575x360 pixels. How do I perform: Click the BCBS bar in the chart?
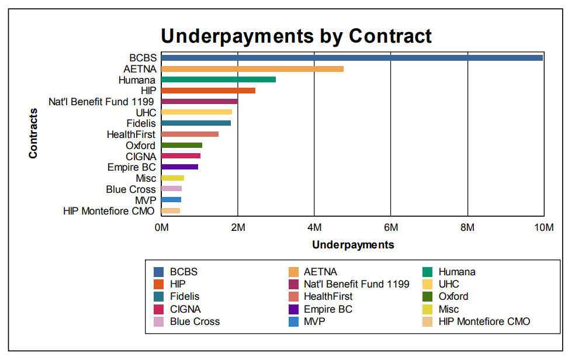point(352,58)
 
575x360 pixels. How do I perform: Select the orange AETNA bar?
point(252,69)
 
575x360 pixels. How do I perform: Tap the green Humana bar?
point(218,79)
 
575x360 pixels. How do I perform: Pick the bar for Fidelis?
point(196,123)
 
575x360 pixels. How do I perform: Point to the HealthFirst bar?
point(189,134)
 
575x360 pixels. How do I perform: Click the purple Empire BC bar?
point(179,167)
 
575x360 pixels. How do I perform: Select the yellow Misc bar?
point(172,178)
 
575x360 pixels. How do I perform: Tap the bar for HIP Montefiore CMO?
point(170,211)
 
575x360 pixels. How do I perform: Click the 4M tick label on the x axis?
point(314,228)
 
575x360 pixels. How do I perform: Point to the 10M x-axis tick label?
point(544,228)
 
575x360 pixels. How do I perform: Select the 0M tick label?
point(161,228)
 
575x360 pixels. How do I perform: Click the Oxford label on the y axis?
point(140,146)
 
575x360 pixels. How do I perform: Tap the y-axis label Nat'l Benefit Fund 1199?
point(102,102)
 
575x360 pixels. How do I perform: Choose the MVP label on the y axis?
point(146,200)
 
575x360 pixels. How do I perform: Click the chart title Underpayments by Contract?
point(296,36)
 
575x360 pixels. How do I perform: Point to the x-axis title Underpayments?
point(353,245)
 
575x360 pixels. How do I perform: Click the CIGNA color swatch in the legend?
point(158,309)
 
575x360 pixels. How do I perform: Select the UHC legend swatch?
point(427,284)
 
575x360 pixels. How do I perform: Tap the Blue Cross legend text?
point(195,321)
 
